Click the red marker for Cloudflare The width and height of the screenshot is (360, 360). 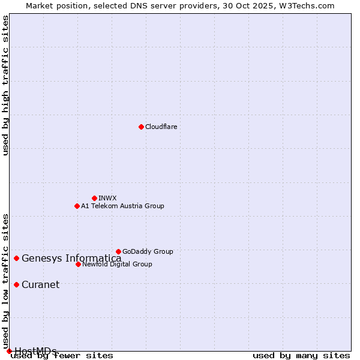[141, 127]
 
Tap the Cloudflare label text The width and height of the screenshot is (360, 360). [161, 127]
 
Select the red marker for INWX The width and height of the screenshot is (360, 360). [94, 198]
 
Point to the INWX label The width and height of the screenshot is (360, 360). [107, 198]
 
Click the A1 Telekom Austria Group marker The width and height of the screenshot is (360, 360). [77, 206]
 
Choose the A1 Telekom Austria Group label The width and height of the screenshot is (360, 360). [122, 206]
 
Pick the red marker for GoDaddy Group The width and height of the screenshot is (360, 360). [118, 251]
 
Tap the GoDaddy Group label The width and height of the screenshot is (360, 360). [148, 251]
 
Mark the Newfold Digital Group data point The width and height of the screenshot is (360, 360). [78, 264]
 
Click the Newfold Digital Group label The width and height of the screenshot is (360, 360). [117, 264]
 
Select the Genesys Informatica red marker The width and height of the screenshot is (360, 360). [16, 258]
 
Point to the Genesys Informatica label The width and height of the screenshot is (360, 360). [71, 259]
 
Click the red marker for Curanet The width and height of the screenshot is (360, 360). [16, 284]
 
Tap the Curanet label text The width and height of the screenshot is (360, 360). [40, 284]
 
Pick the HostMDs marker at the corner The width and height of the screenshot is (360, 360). [9, 351]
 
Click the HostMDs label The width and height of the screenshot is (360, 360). [35, 351]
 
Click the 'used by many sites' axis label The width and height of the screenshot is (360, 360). [301, 356]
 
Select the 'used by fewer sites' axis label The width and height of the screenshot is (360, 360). [62, 356]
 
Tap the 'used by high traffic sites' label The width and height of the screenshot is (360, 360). [5, 85]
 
